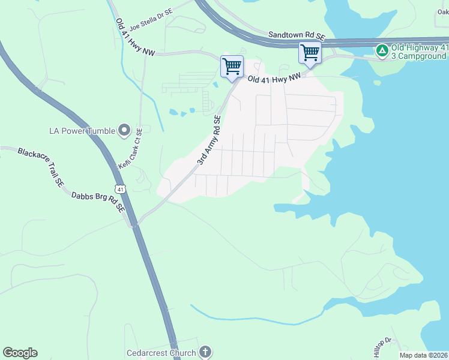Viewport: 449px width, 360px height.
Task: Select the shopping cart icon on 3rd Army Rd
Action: pos(231,66)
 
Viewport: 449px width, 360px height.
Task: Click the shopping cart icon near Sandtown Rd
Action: pos(309,52)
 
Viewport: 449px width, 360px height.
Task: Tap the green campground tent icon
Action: pos(381,50)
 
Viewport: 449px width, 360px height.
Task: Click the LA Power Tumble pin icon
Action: pos(124,130)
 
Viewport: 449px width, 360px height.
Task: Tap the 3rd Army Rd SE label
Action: pos(210,141)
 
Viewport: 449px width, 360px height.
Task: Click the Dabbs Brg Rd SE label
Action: pos(98,202)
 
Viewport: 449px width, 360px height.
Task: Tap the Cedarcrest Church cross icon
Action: pos(205,352)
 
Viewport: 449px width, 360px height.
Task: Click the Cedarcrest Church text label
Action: pos(161,353)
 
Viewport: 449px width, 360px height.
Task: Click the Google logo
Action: pos(20,353)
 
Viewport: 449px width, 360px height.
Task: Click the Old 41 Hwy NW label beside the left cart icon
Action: pos(273,78)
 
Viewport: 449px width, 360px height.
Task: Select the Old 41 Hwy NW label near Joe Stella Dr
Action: pos(135,38)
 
